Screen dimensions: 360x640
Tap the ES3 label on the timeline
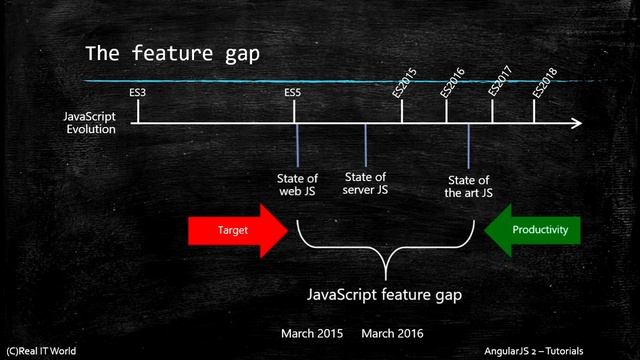(x=138, y=92)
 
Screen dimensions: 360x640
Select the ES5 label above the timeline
(x=293, y=92)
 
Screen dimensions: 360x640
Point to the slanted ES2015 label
(x=406, y=82)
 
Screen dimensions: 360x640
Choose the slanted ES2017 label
(x=500, y=82)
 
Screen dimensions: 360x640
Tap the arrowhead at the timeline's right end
(x=576, y=124)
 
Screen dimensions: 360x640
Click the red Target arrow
(x=236, y=230)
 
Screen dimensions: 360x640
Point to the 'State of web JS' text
(x=297, y=184)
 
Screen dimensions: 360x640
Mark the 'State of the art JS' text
(x=468, y=186)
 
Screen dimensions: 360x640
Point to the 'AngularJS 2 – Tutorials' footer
(x=573, y=352)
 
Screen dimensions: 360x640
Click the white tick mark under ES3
(x=138, y=110)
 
